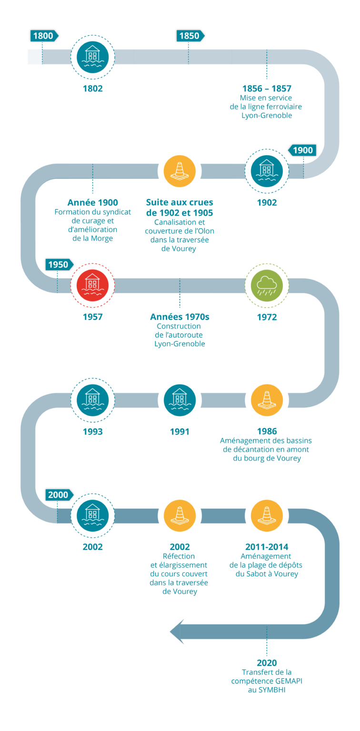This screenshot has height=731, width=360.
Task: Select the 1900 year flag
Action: [302, 150]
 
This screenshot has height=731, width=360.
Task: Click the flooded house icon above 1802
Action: [92, 57]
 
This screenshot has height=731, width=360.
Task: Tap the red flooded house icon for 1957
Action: [92, 286]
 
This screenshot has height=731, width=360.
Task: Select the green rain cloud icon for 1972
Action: [267, 286]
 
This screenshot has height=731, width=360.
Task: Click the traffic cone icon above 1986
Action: [267, 400]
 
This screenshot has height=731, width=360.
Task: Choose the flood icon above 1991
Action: [180, 400]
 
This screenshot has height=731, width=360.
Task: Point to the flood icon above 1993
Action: [92, 400]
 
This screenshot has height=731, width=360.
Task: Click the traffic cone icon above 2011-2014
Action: [267, 515]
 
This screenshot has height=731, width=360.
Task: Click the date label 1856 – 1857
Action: [267, 89]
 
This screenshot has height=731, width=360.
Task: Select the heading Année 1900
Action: [92, 203]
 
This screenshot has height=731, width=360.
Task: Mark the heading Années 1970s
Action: [180, 317]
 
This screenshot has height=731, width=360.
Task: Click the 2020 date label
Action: [267, 663]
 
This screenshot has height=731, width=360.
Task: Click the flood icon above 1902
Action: [267, 170]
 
